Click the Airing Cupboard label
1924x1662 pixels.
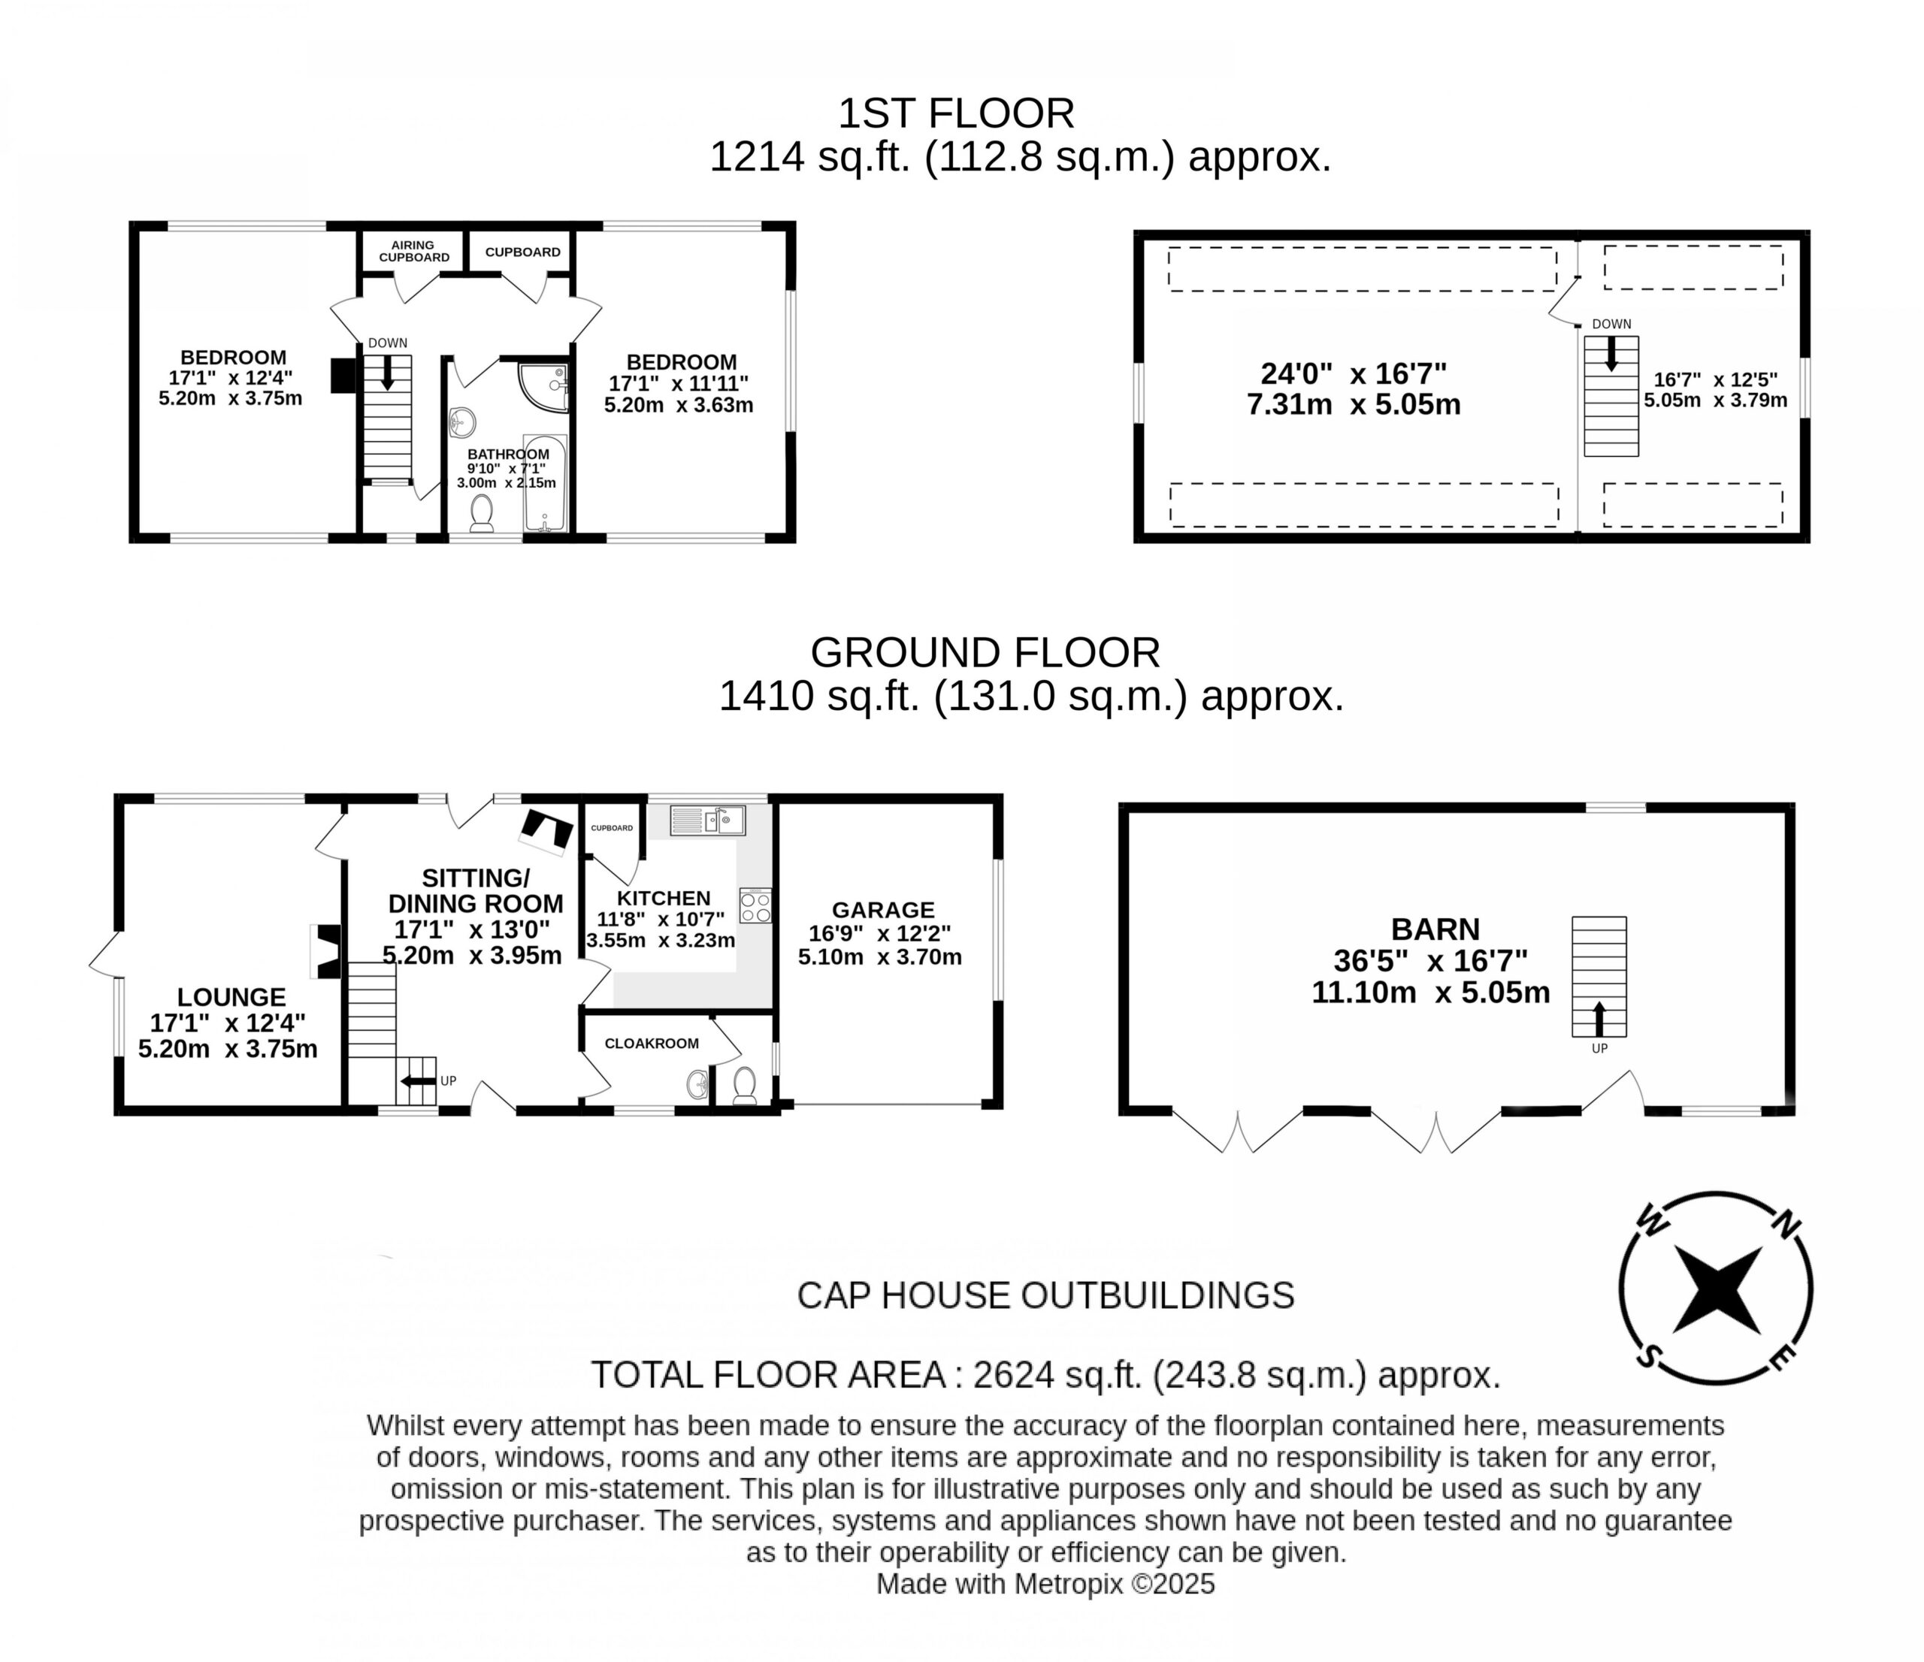[x=413, y=252]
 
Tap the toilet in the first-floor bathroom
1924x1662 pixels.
[x=481, y=512]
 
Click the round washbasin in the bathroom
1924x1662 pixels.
[x=461, y=424]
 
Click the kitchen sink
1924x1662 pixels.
[x=707, y=820]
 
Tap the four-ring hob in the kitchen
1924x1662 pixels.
[x=755, y=905]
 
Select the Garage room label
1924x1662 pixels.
[x=882, y=910]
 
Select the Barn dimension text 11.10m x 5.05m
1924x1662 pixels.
[x=1431, y=993]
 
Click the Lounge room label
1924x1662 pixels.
[x=231, y=997]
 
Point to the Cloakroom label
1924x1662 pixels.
[x=651, y=1044]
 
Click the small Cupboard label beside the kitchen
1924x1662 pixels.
[x=612, y=827]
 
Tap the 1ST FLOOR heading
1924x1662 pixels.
[x=957, y=113]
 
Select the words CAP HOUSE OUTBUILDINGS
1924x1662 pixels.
[x=1045, y=1295]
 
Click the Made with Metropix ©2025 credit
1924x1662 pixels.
[x=1045, y=1584]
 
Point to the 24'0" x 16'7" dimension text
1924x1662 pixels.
[x=1353, y=373]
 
